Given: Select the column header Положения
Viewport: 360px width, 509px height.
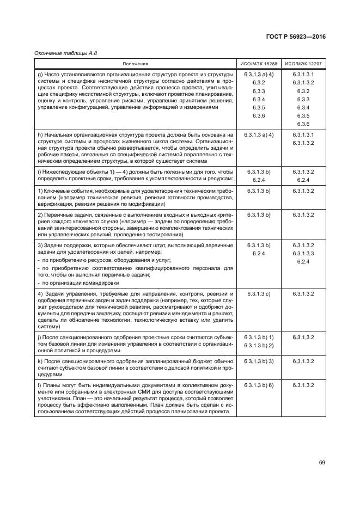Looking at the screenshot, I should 135,64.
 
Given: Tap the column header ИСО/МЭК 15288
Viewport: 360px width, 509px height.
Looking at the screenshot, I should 259,64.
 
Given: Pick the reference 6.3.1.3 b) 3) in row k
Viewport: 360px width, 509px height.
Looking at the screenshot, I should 259,361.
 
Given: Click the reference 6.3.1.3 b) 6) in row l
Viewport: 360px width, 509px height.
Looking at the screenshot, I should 259,385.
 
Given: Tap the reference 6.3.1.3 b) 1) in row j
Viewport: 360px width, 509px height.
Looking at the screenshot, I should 259,338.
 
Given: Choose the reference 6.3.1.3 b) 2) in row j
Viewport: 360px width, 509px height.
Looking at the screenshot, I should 259,346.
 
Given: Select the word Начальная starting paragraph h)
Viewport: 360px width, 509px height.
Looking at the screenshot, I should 58,134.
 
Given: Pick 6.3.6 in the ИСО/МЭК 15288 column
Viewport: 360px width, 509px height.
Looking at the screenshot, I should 259,116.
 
